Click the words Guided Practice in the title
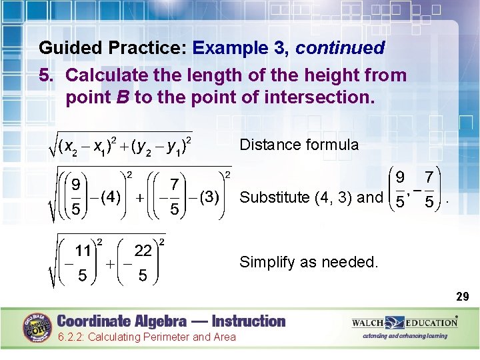(113, 49)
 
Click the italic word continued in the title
(340, 49)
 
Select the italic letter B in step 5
(123, 97)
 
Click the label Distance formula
(299, 145)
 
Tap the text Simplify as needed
(308, 262)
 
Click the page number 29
(463, 297)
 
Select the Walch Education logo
(405, 323)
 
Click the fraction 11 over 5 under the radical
(82, 263)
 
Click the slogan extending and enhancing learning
(405, 336)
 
